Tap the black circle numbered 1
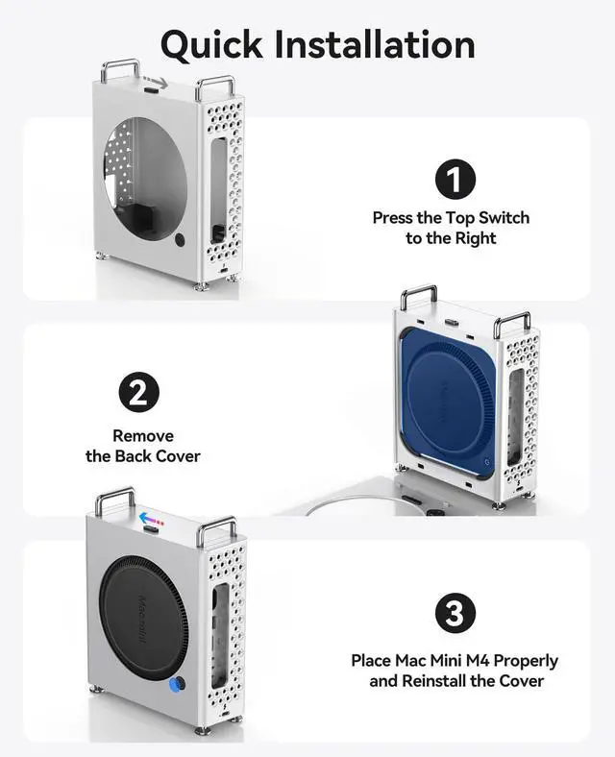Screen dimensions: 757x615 455,180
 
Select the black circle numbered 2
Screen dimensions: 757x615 138,393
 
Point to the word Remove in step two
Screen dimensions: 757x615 143,436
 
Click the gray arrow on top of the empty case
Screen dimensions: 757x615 165,84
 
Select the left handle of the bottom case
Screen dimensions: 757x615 114,498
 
